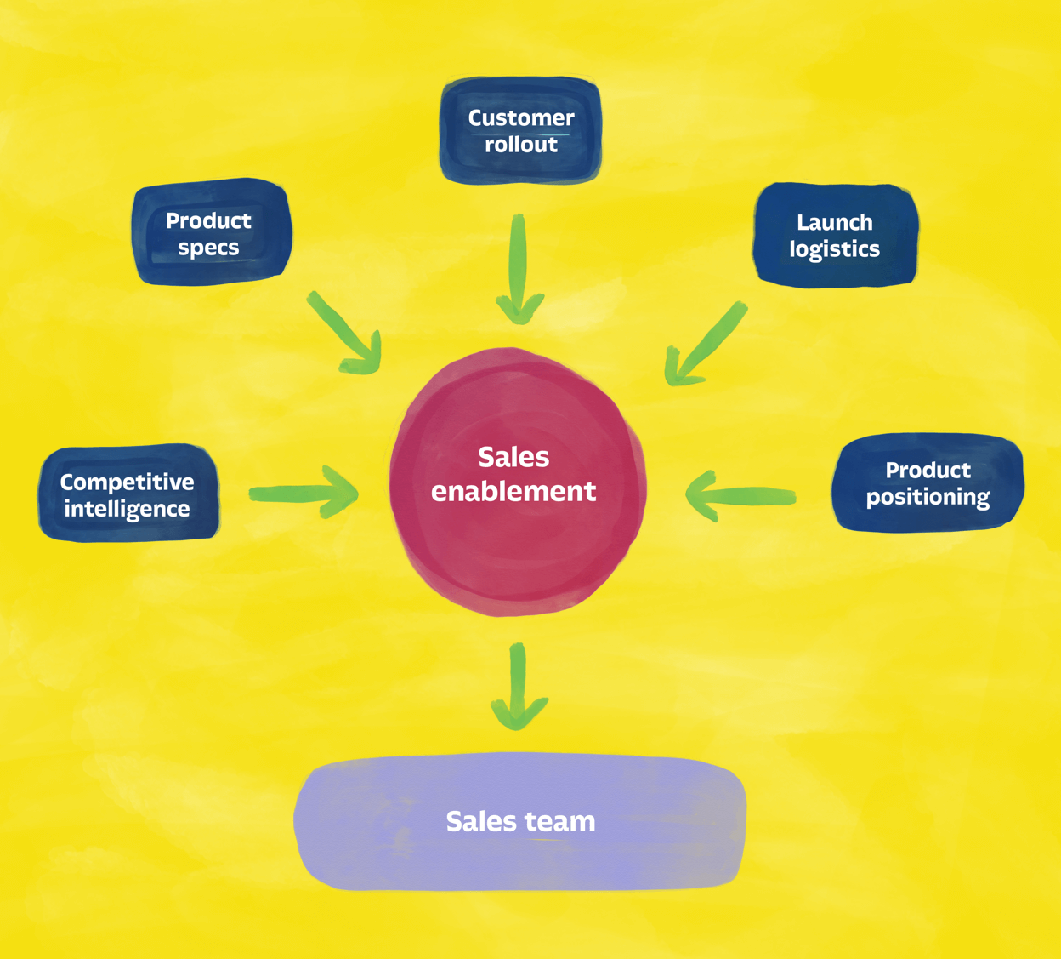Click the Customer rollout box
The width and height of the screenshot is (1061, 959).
click(x=520, y=130)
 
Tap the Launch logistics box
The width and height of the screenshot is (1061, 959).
click(x=835, y=235)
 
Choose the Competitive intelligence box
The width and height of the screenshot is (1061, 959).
click(x=128, y=494)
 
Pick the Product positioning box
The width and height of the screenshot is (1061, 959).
click(x=928, y=482)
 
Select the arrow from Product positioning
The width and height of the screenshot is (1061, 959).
click(x=740, y=495)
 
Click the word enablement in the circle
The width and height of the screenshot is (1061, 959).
click(x=513, y=492)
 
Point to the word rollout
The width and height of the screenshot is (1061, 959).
click(x=521, y=145)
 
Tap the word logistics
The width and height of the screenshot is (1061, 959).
click(x=835, y=249)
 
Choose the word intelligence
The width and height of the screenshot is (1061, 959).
click(x=128, y=509)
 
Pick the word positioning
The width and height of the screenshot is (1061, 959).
click(x=928, y=497)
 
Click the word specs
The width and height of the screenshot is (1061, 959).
click(x=208, y=248)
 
